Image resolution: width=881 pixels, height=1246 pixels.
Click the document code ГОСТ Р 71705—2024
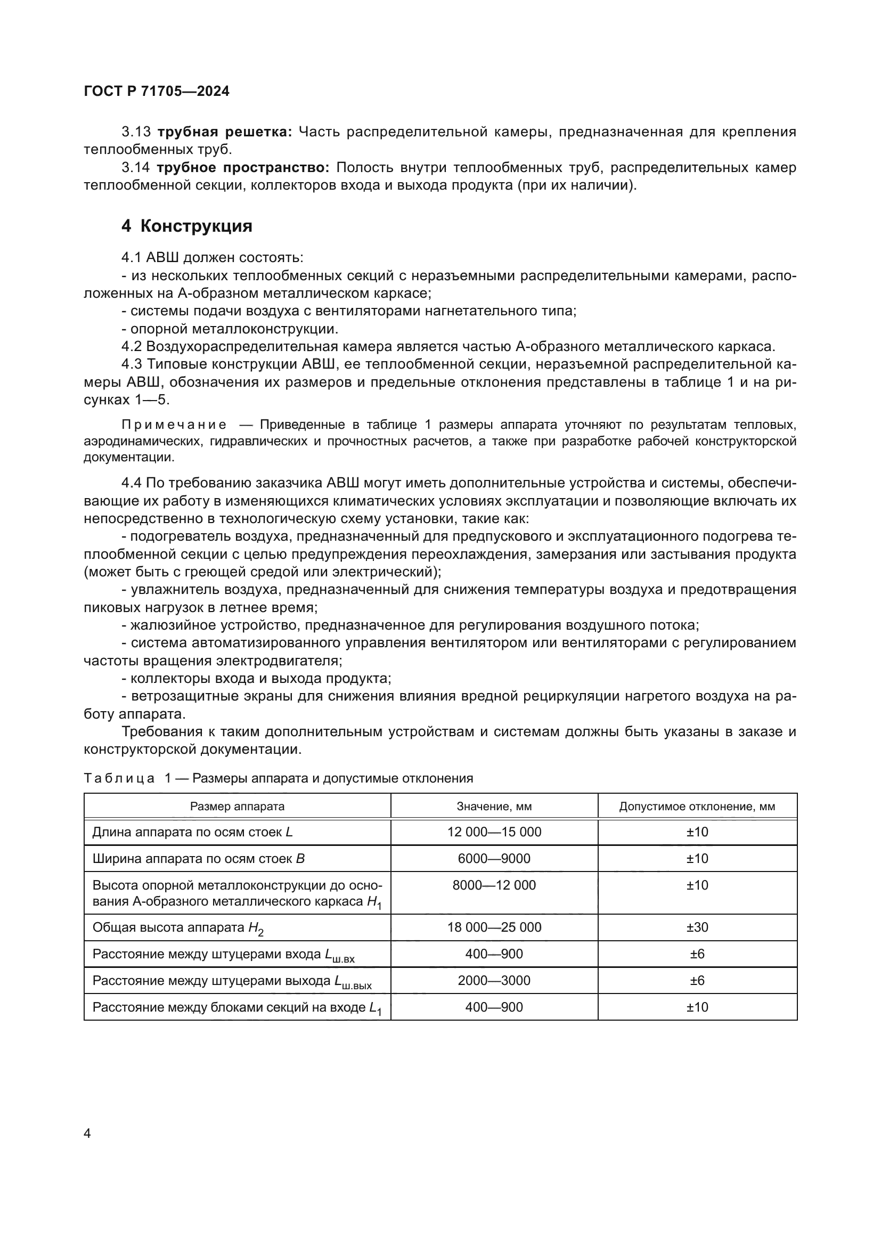[x=157, y=91]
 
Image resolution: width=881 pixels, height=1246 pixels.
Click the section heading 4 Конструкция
[x=186, y=226]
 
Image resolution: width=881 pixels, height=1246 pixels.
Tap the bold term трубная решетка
[x=225, y=132]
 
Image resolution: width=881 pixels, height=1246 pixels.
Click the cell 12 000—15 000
[x=494, y=832]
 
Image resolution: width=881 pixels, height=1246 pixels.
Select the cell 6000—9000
[x=494, y=859]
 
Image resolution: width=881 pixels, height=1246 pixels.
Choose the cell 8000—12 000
[x=494, y=885]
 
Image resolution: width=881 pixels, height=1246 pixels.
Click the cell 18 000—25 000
[x=494, y=927]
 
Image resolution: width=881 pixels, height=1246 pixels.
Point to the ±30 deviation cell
[x=697, y=927]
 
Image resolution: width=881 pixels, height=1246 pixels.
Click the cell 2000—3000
[x=494, y=981]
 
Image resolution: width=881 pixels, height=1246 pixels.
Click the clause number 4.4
[x=131, y=483]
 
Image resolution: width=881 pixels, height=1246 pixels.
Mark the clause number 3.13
[x=136, y=132]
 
